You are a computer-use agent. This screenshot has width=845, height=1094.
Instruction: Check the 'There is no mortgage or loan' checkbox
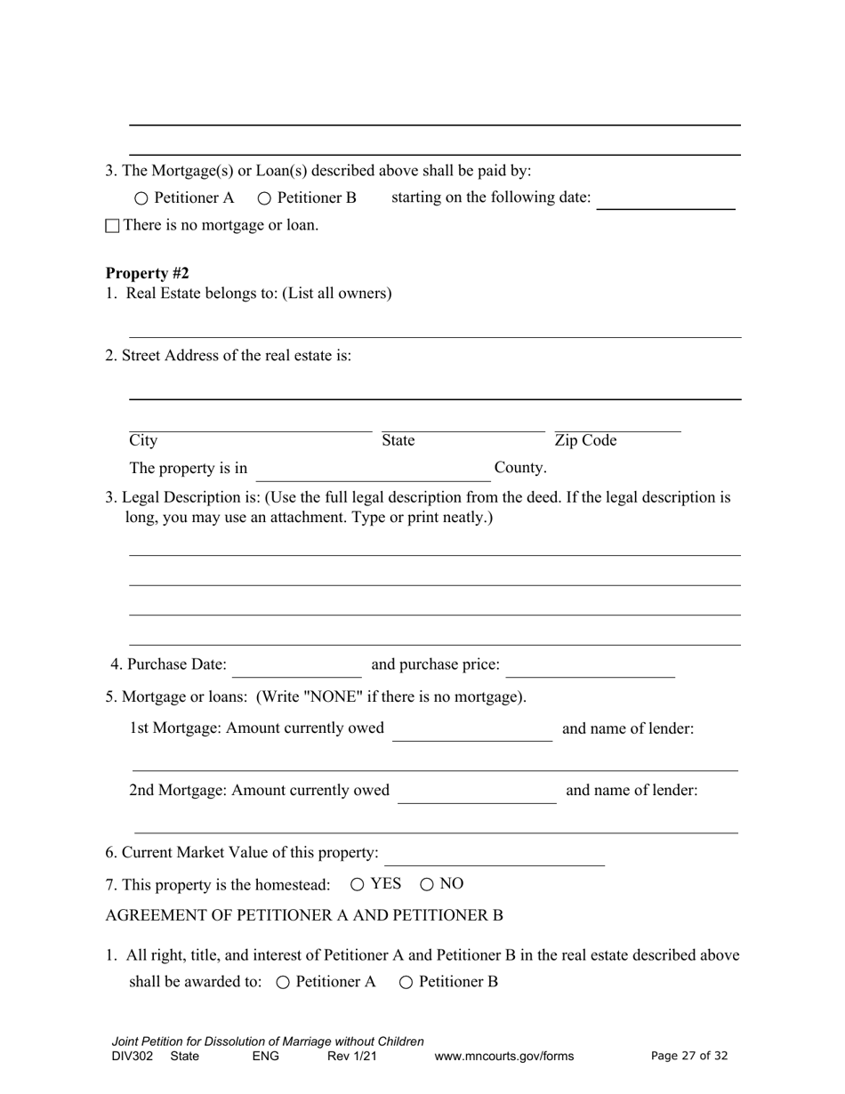[x=112, y=226]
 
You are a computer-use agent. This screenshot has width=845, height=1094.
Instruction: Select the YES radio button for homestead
[x=358, y=884]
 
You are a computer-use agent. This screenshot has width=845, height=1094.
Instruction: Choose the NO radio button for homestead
[x=427, y=884]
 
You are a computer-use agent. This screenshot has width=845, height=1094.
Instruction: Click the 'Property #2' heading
[x=147, y=273]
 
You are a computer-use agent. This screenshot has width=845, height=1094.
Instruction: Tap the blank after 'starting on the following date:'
[x=665, y=199]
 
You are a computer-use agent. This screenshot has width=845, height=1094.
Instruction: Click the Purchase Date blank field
[x=297, y=667]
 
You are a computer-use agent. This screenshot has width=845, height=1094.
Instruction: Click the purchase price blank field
[x=591, y=667]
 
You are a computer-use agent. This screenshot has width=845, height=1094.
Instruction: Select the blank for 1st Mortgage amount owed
[x=472, y=731]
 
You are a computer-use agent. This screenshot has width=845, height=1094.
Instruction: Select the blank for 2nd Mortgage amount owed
[x=477, y=793]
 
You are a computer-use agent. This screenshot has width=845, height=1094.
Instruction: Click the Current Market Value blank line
[x=495, y=856]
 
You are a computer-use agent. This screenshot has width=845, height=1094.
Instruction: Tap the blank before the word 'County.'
[x=374, y=471]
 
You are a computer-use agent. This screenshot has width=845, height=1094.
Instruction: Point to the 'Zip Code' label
[x=585, y=441]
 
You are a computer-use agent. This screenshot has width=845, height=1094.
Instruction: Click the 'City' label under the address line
[x=143, y=441]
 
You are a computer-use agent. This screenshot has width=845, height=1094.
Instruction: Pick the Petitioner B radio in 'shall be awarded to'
[x=406, y=983]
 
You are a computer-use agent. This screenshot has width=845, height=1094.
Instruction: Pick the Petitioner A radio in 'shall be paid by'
[x=141, y=198]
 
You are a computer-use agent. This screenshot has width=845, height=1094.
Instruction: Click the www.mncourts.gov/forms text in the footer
[x=504, y=1057]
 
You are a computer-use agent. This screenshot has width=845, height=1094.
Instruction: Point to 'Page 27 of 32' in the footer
[x=689, y=1057]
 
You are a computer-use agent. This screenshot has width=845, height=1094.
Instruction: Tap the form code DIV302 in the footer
[x=133, y=1057]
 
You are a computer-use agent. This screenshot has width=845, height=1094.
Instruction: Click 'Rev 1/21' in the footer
[x=352, y=1057]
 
